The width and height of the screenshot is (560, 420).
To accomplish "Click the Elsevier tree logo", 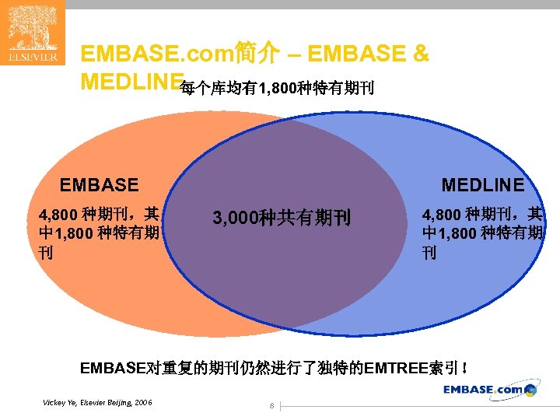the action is [32, 28].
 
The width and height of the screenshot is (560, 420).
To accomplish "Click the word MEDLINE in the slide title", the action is [131, 82].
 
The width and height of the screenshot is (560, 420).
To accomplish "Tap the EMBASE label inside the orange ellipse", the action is [100, 185].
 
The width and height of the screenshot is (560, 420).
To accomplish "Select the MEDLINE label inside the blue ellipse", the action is [482, 185].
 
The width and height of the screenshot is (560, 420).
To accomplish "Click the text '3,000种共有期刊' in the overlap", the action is [282, 219].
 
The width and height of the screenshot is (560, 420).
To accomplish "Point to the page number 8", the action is [271, 405].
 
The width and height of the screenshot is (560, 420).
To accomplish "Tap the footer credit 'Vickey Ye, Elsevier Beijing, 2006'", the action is [98, 402].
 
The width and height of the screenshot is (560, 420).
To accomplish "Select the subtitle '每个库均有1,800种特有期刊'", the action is [277, 89].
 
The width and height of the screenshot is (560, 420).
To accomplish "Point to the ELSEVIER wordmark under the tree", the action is [32, 58].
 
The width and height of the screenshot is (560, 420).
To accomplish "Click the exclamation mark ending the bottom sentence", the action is [464, 368].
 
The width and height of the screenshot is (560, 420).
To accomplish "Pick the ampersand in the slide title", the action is [420, 54].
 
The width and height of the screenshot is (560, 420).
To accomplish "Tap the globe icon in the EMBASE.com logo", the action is [531, 390].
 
